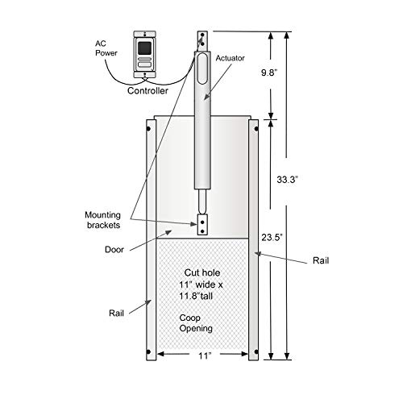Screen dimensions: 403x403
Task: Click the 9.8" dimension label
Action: click(x=269, y=73)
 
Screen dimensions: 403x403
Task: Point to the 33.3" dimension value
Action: click(x=288, y=180)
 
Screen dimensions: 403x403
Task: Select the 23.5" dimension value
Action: click(x=272, y=237)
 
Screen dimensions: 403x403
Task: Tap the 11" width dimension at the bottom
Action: click(x=205, y=355)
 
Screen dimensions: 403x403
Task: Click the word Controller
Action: click(x=147, y=91)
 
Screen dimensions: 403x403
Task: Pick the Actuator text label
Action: click(x=231, y=58)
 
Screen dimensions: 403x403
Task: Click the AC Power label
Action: click(x=106, y=48)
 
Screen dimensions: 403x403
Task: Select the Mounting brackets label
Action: click(x=102, y=220)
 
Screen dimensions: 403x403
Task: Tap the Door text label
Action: click(x=114, y=250)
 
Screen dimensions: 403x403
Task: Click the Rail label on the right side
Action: click(x=321, y=260)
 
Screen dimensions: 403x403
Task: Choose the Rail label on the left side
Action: click(x=116, y=313)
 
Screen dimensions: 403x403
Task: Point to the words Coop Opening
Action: click(x=196, y=323)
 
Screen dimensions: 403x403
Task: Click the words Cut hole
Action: click(x=202, y=272)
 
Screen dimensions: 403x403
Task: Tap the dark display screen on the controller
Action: click(x=144, y=48)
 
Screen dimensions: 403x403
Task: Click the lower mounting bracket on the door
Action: click(x=202, y=225)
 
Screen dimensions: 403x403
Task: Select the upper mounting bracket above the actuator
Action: click(x=202, y=41)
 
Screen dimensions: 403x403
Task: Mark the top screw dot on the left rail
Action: click(x=148, y=129)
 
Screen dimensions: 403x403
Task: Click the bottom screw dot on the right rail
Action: click(x=256, y=351)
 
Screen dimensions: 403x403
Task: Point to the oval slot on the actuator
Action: click(x=202, y=69)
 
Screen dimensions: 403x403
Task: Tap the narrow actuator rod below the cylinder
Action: click(x=202, y=201)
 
